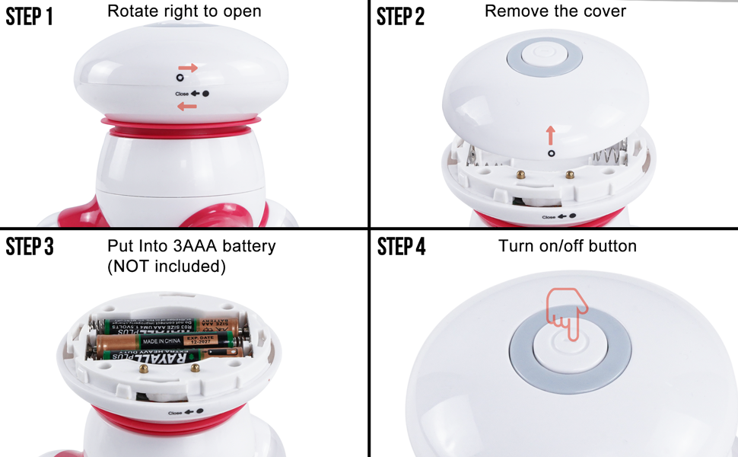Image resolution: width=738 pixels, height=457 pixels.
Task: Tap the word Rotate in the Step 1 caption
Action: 130,11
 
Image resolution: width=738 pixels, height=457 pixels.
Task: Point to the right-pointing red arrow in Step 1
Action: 188,68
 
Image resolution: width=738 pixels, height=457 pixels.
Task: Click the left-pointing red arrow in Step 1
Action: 186,107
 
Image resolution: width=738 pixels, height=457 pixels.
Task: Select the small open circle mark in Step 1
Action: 180,78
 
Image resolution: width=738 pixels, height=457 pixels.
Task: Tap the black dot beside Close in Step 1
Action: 205,94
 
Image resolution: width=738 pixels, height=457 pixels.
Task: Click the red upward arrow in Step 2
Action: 551,136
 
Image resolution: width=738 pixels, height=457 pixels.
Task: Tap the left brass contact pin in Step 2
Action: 523,174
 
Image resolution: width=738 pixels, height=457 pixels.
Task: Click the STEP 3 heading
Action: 30,247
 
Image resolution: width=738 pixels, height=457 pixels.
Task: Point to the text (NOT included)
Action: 167,266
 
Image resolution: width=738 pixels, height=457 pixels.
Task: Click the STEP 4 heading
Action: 401,247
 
